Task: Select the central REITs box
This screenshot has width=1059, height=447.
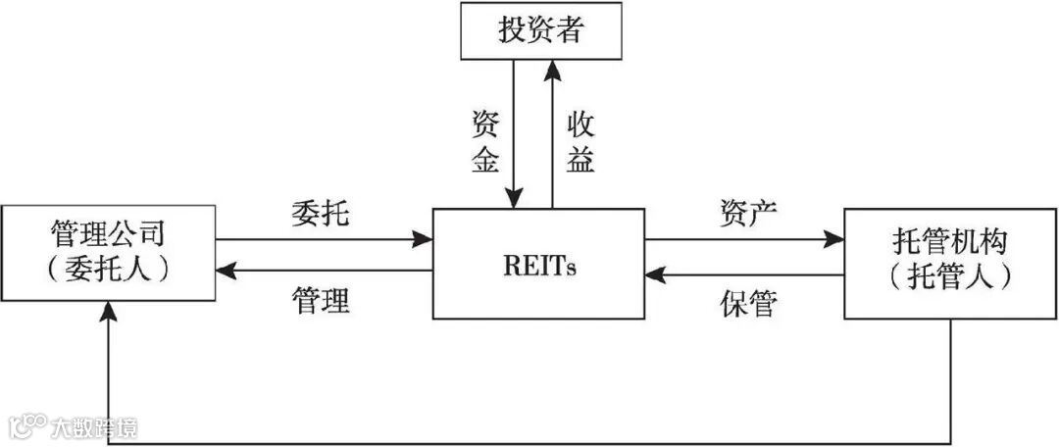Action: click(x=538, y=264)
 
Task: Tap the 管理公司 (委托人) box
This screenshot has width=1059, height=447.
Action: click(x=108, y=252)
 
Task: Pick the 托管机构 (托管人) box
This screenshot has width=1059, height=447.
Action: click(x=950, y=263)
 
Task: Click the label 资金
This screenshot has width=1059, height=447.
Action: click(x=485, y=142)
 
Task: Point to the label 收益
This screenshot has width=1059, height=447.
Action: click(x=580, y=142)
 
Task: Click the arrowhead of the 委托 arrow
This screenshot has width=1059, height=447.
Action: click(x=425, y=238)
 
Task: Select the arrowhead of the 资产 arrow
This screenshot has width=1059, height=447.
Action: click(x=835, y=238)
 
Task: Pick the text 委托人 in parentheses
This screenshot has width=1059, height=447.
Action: click(x=108, y=268)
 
